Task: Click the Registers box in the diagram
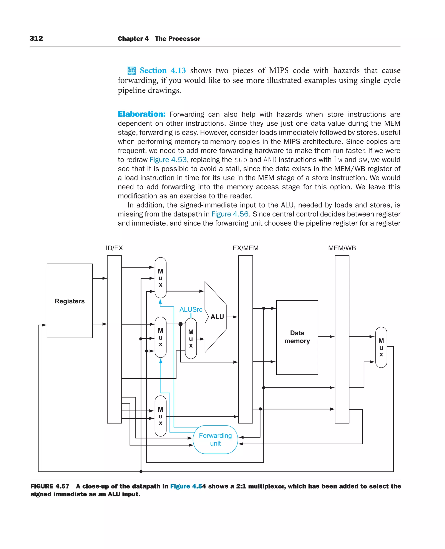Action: click(70, 301)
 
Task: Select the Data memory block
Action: click(297, 337)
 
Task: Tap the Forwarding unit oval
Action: click(215, 439)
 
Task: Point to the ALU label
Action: click(217, 317)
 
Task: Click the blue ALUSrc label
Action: click(191, 309)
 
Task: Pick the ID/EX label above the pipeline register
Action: click(114, 248)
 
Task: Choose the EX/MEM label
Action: click(245, 248)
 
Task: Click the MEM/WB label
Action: click(342, 248)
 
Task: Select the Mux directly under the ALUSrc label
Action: click(191, 338)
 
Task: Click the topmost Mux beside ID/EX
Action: click(161, 278)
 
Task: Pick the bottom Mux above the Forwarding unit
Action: click(161, 416)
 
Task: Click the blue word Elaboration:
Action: click(141, 114)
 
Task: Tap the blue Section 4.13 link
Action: click(163, 70)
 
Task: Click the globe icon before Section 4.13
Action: click(131, 70)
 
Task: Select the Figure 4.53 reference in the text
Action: click(168, 160)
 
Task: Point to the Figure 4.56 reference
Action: click(230, 214)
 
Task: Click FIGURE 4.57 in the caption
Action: click(50, 486)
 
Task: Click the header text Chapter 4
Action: click(133, 39)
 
